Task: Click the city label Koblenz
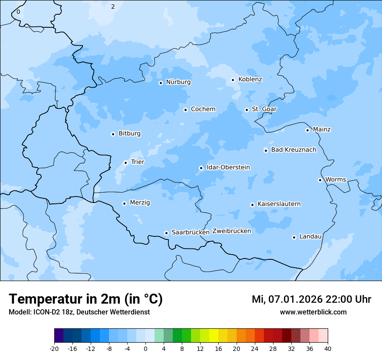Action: click(x=250, y=79)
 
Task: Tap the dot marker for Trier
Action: click(x=125, y=163)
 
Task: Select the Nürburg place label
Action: click(x=178, y=82)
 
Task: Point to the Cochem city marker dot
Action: click(x=185, y=110)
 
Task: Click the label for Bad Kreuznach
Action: click(x=293, y=150)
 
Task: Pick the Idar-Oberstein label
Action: click(x=228, y=167)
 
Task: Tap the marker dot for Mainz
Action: click(x=307, y=130)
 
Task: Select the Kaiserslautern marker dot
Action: click(x=252, y=205)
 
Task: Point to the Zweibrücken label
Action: click(x=231, y=231)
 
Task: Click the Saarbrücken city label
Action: click(x=191, y=232)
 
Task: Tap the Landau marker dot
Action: click(x=294, y=237)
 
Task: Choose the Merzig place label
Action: click(x=140, y=203)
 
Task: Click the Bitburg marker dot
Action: click(x=113, y=134)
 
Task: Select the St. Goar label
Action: click(x=264, y=109)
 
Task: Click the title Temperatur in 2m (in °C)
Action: click(x=86, y=299)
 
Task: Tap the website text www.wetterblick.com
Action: click(x=313, y=312)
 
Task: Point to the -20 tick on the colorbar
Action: click(x=54, y=348)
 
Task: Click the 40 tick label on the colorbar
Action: click(x=328, y=348)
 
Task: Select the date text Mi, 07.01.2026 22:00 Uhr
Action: click(x=311, y=299)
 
